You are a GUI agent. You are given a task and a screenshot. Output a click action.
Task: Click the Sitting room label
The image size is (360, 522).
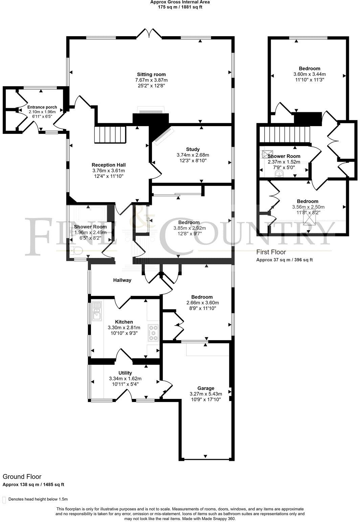(151, 74)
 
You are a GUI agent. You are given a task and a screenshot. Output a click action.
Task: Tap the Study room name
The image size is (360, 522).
(193, 149)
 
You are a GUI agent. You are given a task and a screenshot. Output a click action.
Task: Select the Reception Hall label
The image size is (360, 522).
(107, 165)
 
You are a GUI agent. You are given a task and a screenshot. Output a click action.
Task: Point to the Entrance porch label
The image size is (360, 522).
(42, 107)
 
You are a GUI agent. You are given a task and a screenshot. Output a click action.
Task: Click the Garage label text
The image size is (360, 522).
(206, 388)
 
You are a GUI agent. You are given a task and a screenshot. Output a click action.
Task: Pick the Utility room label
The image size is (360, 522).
(125, 373)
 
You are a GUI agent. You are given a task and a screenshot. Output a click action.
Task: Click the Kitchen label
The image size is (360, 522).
(124, 322)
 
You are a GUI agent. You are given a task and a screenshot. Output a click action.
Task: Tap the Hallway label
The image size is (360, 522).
(122, 280)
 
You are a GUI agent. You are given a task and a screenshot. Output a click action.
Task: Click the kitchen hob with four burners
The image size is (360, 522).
(153, 333)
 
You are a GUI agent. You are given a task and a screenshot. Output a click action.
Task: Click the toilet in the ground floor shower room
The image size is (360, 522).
(78, 251)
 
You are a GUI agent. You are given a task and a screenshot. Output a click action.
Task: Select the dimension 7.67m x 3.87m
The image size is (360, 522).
(151, 80)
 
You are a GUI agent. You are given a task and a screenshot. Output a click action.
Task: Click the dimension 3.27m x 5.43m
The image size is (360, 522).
(206, 394)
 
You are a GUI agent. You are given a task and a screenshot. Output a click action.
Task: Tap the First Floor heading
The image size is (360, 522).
(271, 252)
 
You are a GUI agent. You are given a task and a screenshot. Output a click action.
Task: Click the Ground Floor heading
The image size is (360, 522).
(22, 477)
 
